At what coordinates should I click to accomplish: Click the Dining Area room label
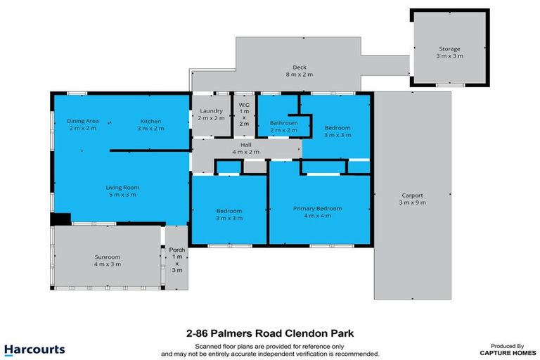click(x=82, y=120)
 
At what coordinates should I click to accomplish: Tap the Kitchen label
click(x=150, y=120)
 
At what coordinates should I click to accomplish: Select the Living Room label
click(x=122, y=187)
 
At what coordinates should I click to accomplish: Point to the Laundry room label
click(x=211, y=110)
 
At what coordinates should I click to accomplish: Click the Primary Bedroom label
click(x=317, y=208)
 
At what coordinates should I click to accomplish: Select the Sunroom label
click(x=108, y=257)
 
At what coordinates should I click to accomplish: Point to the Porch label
click(x=176, y=250)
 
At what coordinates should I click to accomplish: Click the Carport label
click(x=413, y=195)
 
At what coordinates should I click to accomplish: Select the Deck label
click(x=300, y=67)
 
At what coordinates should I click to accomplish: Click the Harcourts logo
click(x=34, y=349)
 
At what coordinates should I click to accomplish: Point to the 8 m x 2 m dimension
click(x=300, y=75)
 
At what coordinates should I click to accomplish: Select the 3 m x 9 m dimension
click(x=413, y=202)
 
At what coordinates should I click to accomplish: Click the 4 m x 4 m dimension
click(x=317, y=217)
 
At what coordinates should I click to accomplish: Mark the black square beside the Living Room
click(x=60, y=219)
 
